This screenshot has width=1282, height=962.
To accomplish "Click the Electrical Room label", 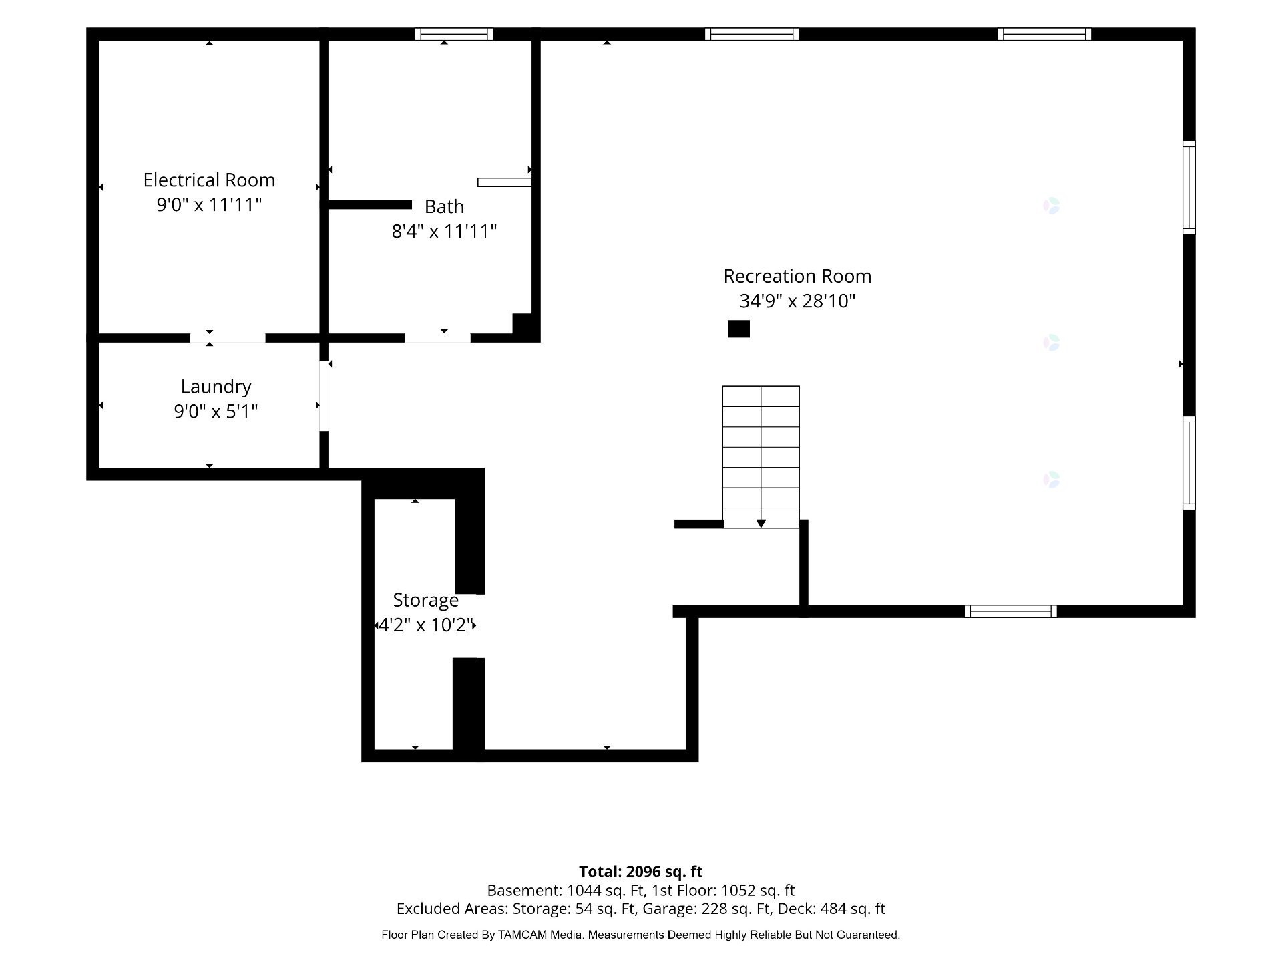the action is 209,180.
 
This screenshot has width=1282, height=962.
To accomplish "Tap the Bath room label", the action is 444,207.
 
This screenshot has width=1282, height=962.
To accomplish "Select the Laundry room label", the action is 216,387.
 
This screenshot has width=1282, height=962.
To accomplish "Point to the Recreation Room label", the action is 797,276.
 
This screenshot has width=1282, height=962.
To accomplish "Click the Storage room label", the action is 425,600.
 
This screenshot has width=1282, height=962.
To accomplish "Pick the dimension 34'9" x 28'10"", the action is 797,301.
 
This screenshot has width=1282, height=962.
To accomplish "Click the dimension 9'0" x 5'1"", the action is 216,411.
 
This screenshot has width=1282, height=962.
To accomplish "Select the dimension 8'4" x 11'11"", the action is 444,231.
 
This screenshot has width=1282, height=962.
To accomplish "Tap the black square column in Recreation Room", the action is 738,329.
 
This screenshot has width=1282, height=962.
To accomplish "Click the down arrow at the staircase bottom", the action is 761,524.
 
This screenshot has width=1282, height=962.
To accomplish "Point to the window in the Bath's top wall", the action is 454,34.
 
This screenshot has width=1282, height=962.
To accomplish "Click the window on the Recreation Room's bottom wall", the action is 1010,611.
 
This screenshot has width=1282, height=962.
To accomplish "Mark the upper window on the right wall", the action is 1189,188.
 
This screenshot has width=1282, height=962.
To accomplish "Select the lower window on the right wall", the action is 1189,463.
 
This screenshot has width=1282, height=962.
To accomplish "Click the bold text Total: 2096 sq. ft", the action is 640,872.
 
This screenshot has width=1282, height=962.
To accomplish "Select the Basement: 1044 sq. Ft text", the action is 566,891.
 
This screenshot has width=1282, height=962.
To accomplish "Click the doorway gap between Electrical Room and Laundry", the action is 228,338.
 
